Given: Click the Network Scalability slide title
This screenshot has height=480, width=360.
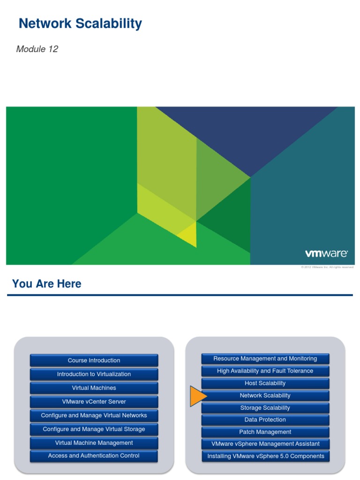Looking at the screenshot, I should click(80, 23).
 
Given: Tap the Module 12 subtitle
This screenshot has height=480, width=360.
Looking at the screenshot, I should click(37, 49).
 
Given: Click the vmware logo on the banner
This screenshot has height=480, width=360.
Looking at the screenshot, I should click(326, 254).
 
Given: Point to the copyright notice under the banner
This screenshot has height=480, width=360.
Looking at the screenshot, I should click(327, 267).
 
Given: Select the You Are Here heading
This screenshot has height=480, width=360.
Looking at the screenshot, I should click(46, 284).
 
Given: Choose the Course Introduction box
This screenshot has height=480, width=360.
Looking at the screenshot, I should click(94, 360).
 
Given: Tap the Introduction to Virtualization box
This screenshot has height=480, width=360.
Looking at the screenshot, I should click(94, 374).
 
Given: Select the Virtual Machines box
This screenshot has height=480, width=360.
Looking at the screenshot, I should click(94, 388).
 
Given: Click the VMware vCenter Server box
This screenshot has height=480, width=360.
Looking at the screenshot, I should click(94, 402).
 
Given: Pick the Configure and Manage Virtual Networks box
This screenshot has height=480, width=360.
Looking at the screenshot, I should click(94, 415).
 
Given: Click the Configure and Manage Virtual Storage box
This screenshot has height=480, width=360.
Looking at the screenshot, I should click(94, 429).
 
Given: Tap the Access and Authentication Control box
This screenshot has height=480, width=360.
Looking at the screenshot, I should click(94, 456).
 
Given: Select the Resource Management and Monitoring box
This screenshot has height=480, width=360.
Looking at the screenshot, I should click(265, 359).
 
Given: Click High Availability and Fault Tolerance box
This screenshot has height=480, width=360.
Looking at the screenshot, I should click(265, 371).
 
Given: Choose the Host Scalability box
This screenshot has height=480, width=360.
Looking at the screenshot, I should click(265, 383).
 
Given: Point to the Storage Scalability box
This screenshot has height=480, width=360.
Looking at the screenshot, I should click(265, 408).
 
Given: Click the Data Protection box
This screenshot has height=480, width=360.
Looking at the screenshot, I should click(265, 420).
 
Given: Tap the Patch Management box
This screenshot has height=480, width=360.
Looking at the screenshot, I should click(265, 432).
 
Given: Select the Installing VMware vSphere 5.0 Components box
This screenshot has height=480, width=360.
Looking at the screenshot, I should click(265, 456).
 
